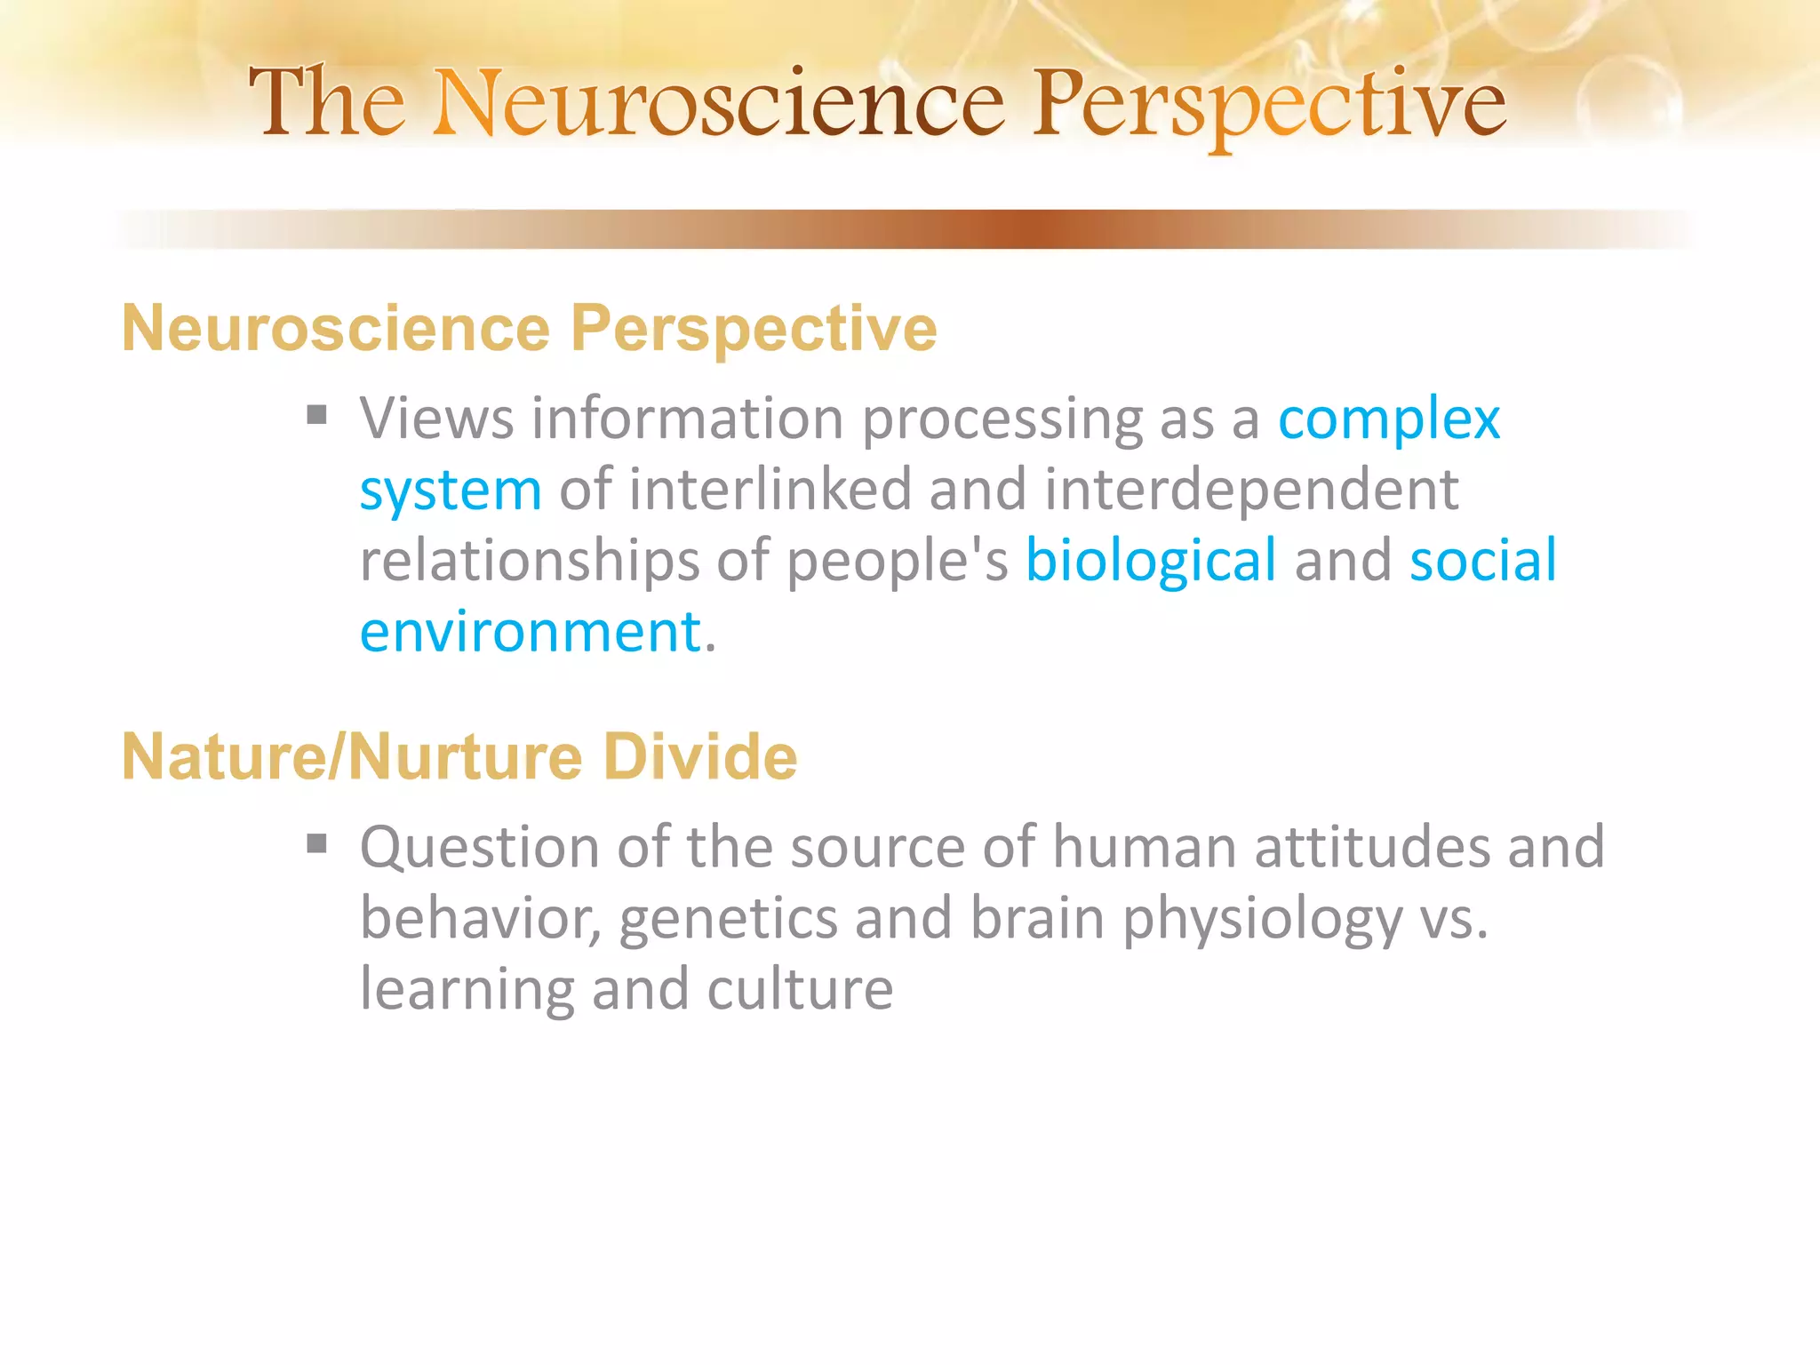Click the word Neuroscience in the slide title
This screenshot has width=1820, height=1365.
click(719, 104)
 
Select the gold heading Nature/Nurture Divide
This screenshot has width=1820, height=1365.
click(459, 757)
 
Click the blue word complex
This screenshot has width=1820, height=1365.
click(1388, 419)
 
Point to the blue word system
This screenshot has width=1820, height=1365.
click(450, 491)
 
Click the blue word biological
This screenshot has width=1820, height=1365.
click(1151, 562)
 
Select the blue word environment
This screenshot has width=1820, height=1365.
click(531, 633)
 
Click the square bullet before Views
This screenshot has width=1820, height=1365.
click(316, 415)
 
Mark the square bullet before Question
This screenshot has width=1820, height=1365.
click(316, 842)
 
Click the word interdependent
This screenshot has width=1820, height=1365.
click(1250, 490)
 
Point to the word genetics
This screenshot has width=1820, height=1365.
click(728, 919)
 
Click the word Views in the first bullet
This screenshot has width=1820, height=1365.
click(436, 419)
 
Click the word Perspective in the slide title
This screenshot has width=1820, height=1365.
click(1268, 106)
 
